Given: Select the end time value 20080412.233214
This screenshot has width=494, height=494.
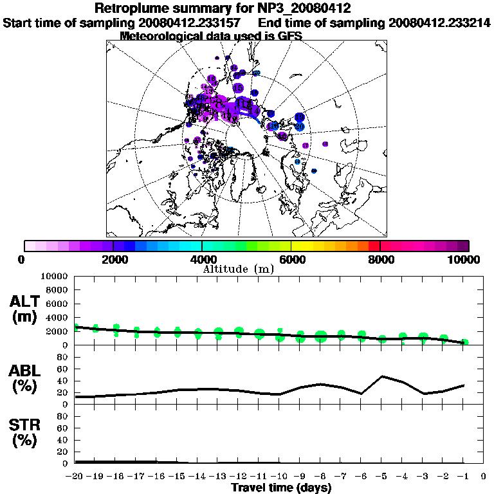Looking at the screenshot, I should [439, 23].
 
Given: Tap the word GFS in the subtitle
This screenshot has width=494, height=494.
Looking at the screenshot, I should [288, 36].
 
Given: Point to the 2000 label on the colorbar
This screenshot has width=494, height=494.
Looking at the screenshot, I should [113, 259].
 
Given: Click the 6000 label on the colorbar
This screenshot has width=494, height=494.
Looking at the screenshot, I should [291, 259].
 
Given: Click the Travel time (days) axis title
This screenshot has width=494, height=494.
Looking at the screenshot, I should [281, 488].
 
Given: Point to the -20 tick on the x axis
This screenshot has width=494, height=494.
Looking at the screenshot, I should [75, 477].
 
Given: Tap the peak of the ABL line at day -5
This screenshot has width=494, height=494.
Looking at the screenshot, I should [383, 376].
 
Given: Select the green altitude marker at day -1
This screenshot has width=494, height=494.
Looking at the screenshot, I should [465, 342].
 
